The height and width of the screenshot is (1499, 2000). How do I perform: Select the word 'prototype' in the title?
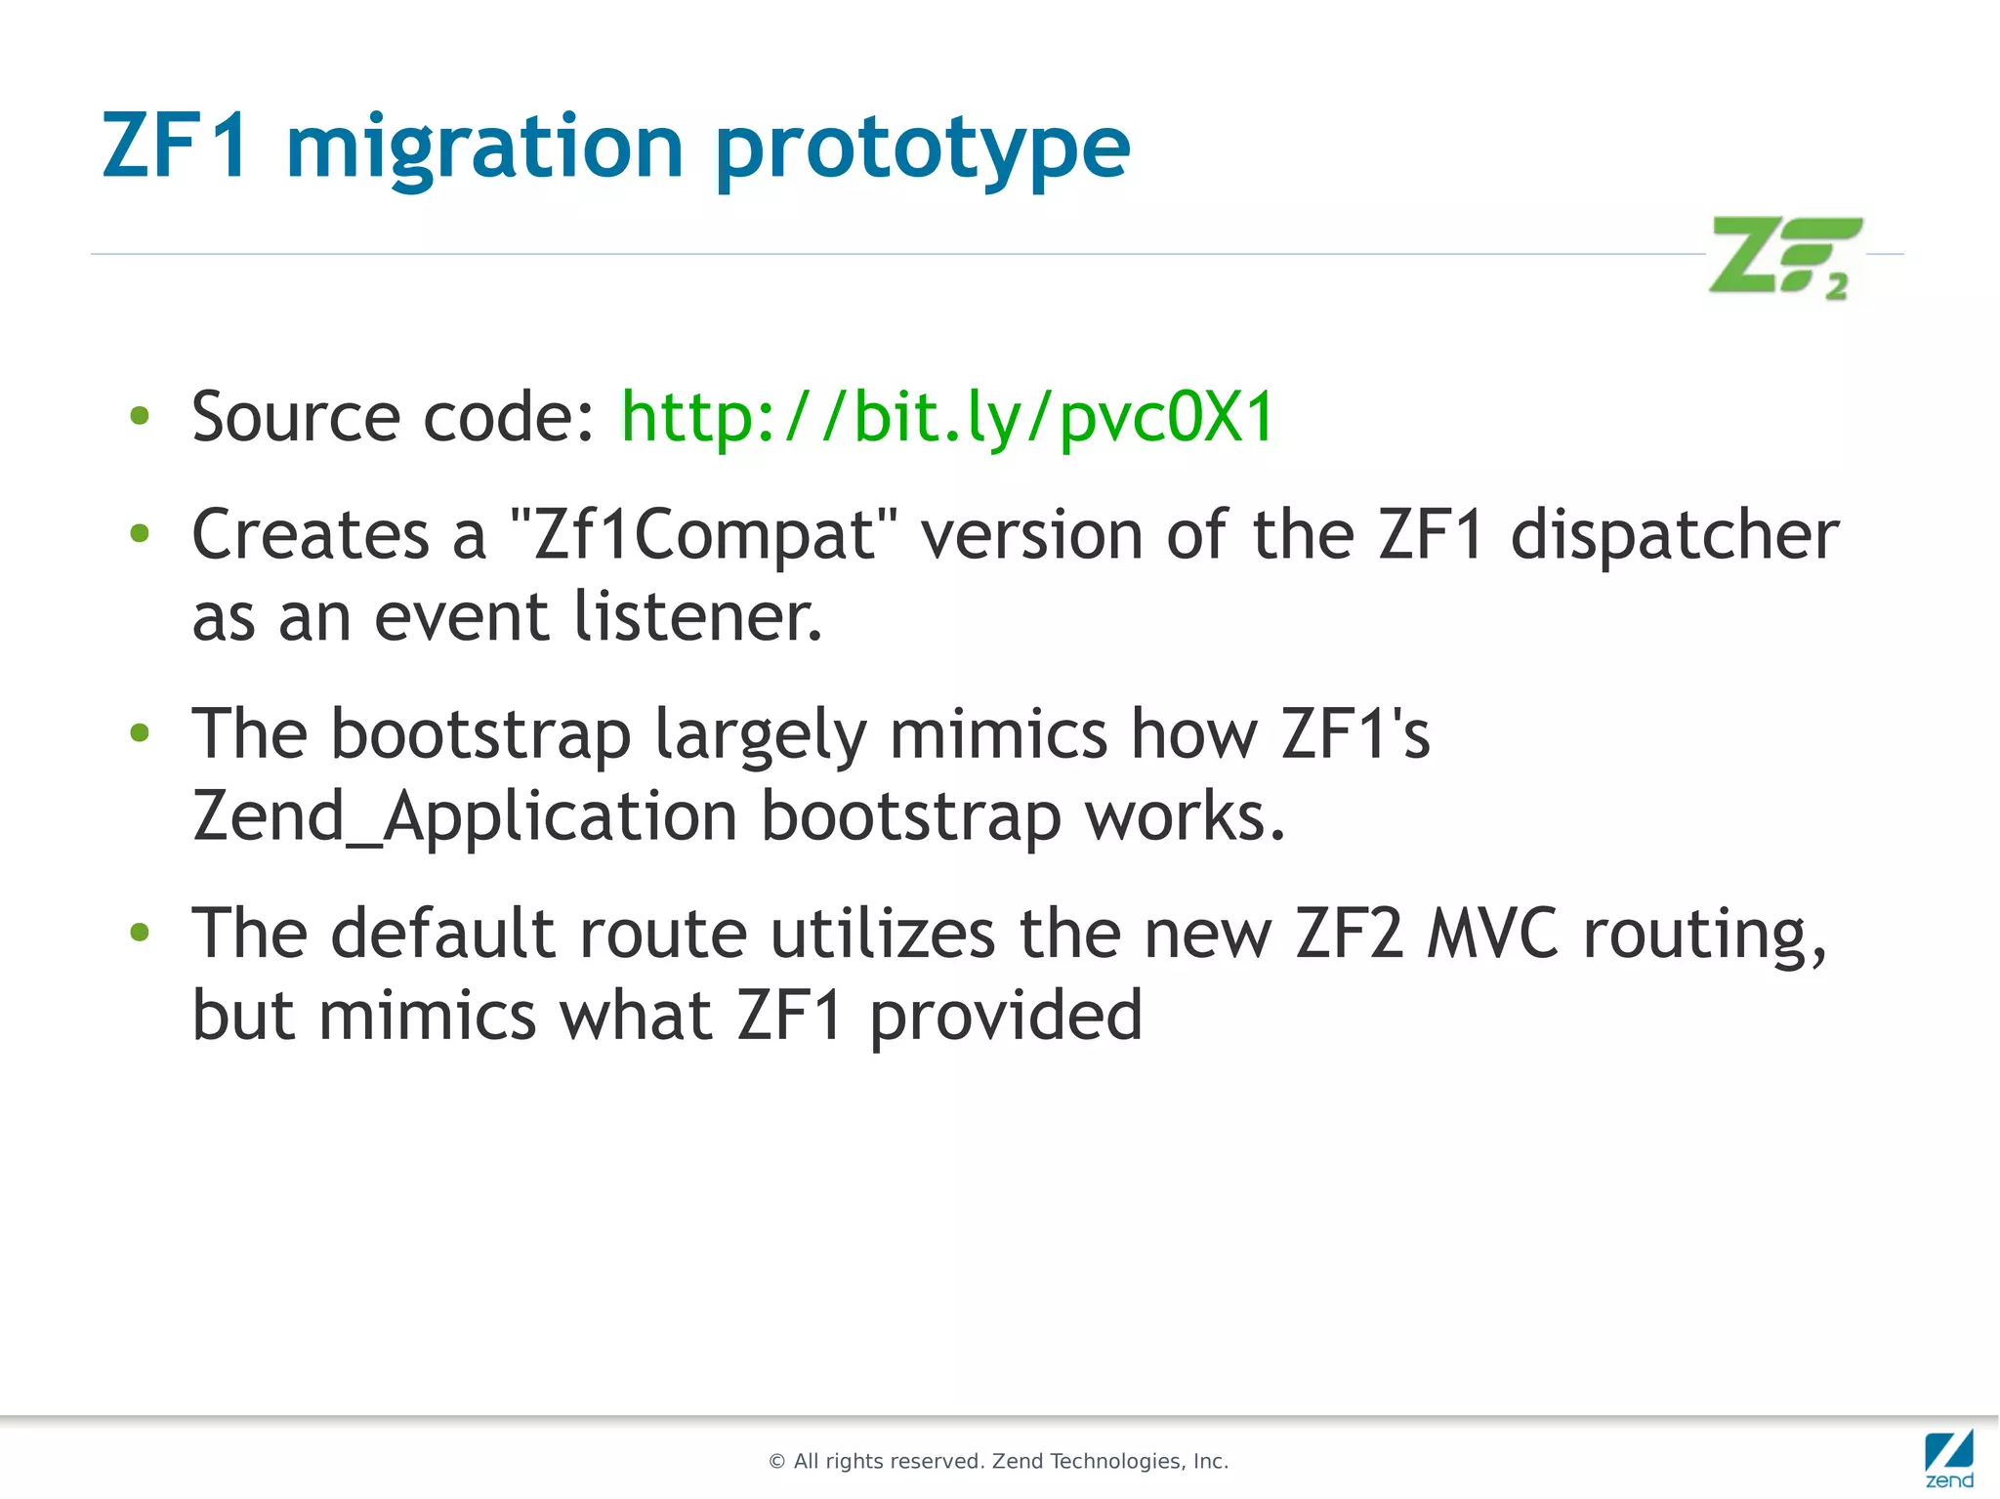(x=922, y=148)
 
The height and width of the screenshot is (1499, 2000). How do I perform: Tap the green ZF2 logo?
(x=1784, y=258)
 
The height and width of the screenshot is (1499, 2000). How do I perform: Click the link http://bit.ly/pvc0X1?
(x=947, y=418)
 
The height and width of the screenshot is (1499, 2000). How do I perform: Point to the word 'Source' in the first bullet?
(x=296, y=418)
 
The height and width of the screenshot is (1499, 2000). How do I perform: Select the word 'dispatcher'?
(x=1674, y=535)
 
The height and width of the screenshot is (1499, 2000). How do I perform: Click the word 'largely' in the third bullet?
(x=760, y=734)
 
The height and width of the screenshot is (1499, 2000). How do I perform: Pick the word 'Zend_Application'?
(x=464, y=816)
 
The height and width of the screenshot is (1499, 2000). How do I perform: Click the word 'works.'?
(x=1185, y=816)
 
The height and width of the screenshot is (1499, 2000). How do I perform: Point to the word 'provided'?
(x=1005, y=1016)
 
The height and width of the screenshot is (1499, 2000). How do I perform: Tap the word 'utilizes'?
(x=883, y=934)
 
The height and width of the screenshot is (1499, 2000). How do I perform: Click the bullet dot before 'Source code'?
(x=140, y=417)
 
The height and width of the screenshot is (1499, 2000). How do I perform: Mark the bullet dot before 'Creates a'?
(x=140, y=533)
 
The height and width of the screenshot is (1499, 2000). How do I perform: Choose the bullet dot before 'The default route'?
(x=140, y=933)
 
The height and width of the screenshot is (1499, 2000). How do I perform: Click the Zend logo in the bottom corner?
(x=1949, y=1458)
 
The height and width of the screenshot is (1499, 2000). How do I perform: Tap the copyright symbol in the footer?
(x=777, y=1462)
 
